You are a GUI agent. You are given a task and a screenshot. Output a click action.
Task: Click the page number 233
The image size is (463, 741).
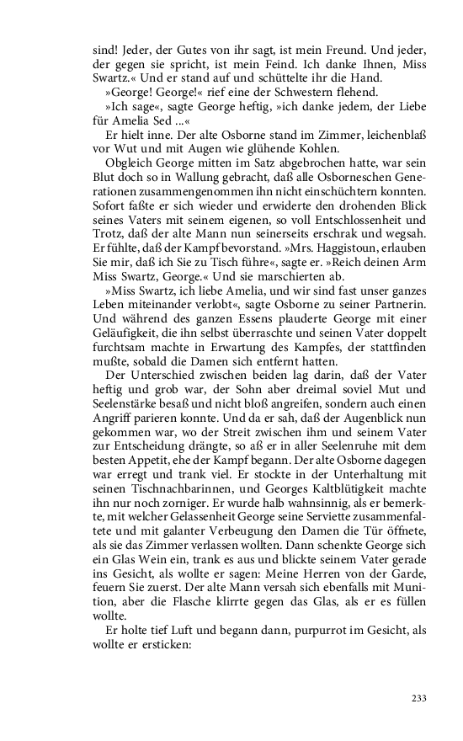pyautogui.click(x=420, y=698)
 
